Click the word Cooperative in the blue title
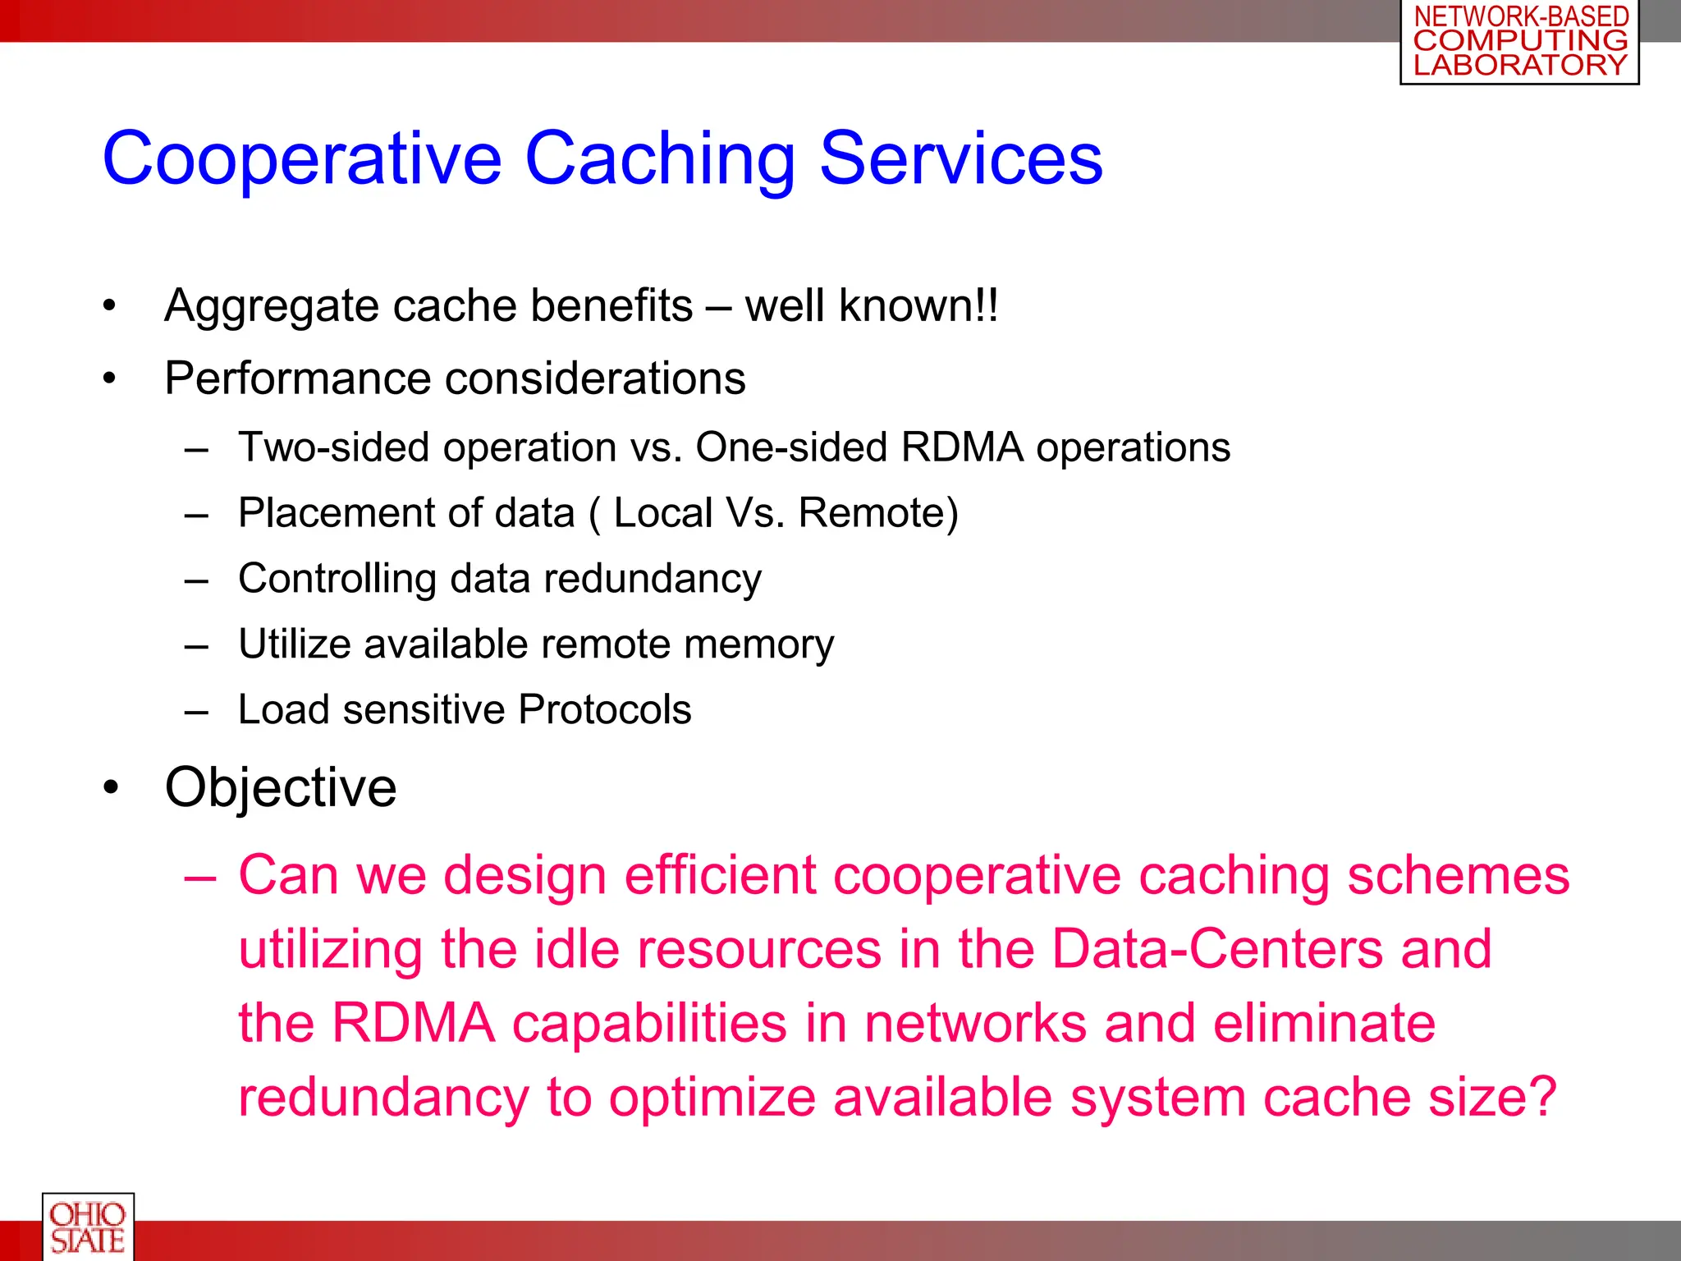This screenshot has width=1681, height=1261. (x=301, y=158)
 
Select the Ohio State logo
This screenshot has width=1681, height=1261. (x=88, y=1227)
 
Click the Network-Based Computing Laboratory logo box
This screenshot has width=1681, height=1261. (x=1519, y=42)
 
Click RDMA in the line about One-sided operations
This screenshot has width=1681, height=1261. (x=962, y=448)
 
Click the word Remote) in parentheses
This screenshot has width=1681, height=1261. (x=878, y=514)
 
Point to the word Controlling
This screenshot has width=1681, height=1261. (x=337, y=580)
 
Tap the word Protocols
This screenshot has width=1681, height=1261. (x=605, y=710)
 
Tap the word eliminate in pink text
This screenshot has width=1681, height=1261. (x=1324, y=1024)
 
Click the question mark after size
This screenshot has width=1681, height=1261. (x=1541, y=1098)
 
